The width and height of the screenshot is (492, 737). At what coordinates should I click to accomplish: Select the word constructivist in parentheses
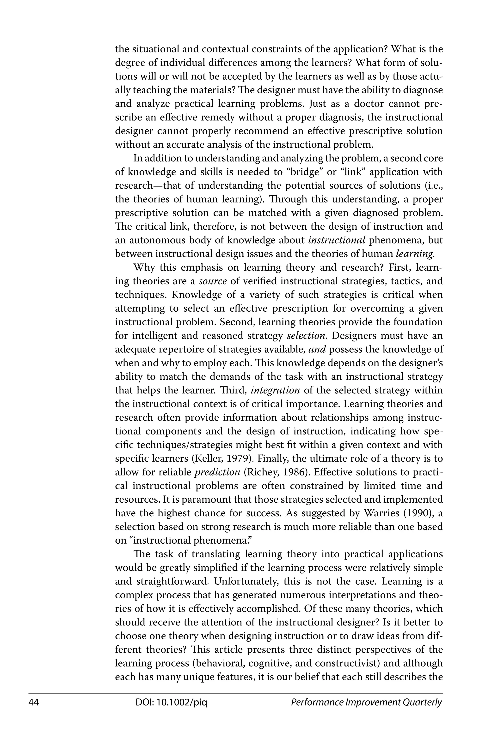click(x=341, y=663)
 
